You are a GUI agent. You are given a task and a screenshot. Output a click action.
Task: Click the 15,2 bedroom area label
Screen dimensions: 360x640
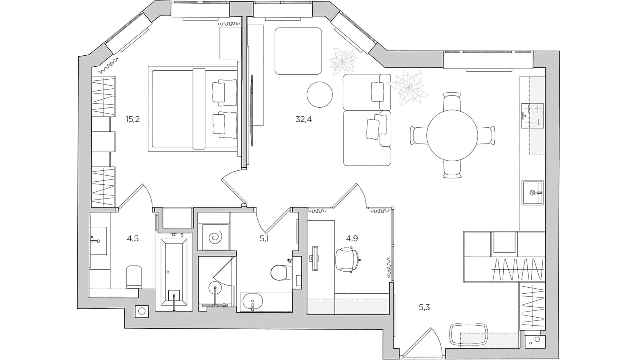[132, 119]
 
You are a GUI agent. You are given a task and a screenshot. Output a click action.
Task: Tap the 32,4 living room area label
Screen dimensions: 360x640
[303, 119]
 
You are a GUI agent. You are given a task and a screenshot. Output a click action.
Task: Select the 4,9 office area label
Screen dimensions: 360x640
[352, 238]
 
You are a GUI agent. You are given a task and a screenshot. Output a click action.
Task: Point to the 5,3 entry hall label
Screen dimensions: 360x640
[424, 307]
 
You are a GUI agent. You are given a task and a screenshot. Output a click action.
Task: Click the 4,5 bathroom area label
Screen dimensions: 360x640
[132, 239]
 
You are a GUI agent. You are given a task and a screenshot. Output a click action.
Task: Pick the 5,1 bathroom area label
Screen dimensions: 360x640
[264, 239]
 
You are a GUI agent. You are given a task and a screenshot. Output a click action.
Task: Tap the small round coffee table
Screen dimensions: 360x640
[319, 95]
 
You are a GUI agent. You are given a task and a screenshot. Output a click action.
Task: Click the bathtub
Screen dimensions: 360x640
[174, 272]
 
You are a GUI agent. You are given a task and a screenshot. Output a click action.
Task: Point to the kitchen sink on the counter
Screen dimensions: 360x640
[533, 193]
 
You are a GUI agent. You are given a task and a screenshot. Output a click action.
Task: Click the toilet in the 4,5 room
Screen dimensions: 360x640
[134, 277]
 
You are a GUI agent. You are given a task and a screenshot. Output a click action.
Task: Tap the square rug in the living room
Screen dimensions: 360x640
[298, 51]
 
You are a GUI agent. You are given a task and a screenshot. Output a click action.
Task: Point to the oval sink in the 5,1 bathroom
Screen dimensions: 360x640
[252, 303]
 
